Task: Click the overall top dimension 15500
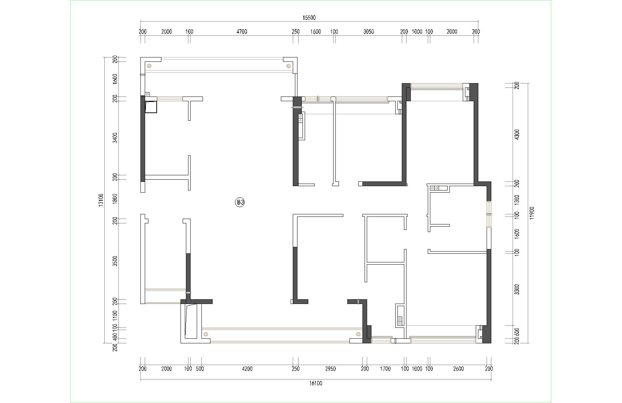point(309,18)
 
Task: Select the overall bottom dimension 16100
point(316,383)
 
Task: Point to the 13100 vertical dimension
point(101,200)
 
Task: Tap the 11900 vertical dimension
point(532,213)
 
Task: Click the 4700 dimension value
point(242,32)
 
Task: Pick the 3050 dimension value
point(368,32)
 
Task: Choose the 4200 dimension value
point(247,369)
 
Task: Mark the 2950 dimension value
point(330,369)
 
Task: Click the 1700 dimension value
point(385,369)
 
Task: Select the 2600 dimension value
point(458,369)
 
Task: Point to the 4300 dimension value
point(517,134)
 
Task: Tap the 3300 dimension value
point(517,290)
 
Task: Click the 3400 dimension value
point(115,138)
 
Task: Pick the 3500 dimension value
point(115,261)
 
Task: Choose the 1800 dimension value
point(115,199)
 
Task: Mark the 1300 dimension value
point(517,200)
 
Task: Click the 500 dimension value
point(200,369)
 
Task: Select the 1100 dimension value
point(115,316)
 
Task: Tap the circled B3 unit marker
point(240,202)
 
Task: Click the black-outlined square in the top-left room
point(151,107)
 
